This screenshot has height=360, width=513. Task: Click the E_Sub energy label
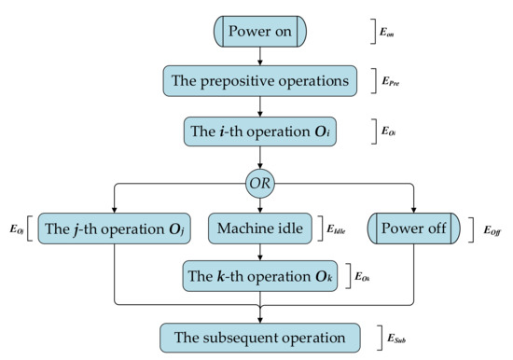point(395,336)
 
